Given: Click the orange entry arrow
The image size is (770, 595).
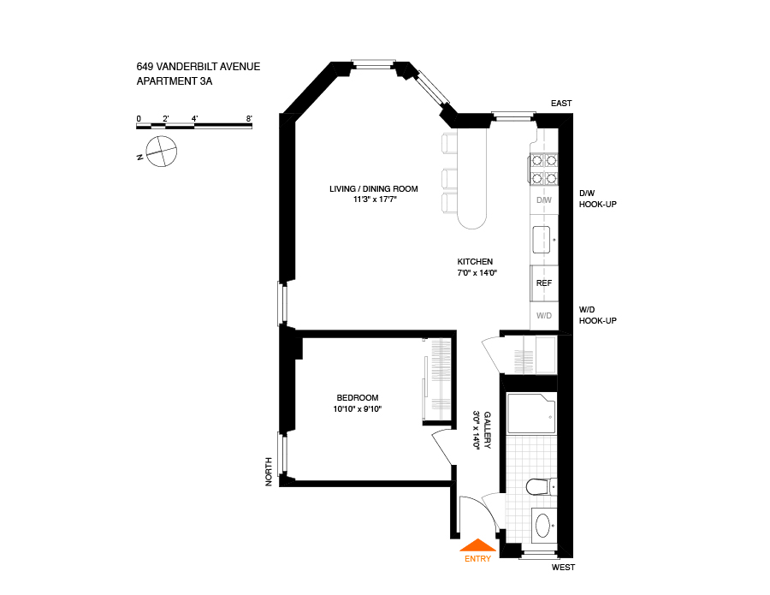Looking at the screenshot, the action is click(477, 544).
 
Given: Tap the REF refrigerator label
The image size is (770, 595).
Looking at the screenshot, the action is click(543, 283).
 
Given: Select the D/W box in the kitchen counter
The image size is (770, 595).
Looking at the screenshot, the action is click(543, 200).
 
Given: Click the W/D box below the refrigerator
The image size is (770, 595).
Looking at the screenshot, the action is click(543, 316).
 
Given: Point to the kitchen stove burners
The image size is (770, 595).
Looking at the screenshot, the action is click(544, 169).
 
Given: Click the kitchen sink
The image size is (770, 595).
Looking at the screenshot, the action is click(543, 241).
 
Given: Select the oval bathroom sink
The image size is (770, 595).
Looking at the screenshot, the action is click(542, 524).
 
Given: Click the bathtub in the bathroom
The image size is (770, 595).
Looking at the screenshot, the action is click(531, 414).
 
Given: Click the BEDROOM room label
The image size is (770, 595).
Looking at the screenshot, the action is click(358, 397).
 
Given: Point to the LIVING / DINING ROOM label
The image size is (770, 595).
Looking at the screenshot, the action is click(374, 188).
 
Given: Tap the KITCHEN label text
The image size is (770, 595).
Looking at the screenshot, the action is click(475, 262).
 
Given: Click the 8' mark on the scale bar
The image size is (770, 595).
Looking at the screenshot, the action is click(249, 118).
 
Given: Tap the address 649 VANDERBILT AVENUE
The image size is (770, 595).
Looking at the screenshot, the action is click(198, 67).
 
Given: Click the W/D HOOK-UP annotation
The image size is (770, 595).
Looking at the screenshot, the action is click(597, 315).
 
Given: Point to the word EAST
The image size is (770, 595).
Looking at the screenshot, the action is click(561, 104).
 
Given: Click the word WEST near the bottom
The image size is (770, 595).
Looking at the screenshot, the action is click(563, 568).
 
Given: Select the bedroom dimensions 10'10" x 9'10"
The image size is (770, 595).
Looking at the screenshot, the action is click(358, 409).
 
